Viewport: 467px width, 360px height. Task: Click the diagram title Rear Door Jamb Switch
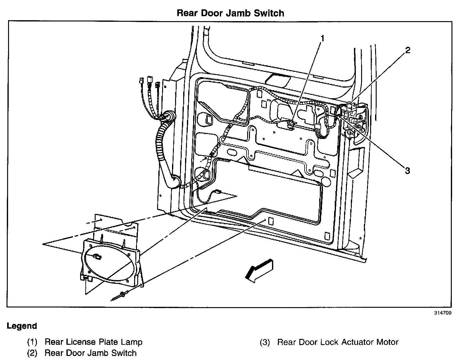[230, 13]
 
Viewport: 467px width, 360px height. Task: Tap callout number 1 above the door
[322, 38]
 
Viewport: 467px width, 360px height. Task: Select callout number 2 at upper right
[407, 50]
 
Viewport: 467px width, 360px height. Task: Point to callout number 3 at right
[407, 170]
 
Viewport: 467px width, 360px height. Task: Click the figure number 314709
[443, 313]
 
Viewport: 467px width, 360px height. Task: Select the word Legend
[22, 326]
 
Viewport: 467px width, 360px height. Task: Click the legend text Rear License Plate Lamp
[93, 342]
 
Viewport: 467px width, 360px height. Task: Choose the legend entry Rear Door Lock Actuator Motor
[338, 342]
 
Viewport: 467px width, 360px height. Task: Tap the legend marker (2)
[32, 353]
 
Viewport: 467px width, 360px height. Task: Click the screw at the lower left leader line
[122, 294]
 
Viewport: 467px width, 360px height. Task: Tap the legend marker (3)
[264, 343]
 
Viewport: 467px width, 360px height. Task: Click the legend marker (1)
[32, 342]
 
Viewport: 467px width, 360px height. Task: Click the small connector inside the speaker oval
[97, 256]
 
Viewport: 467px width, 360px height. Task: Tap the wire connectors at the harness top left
[149, 83]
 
